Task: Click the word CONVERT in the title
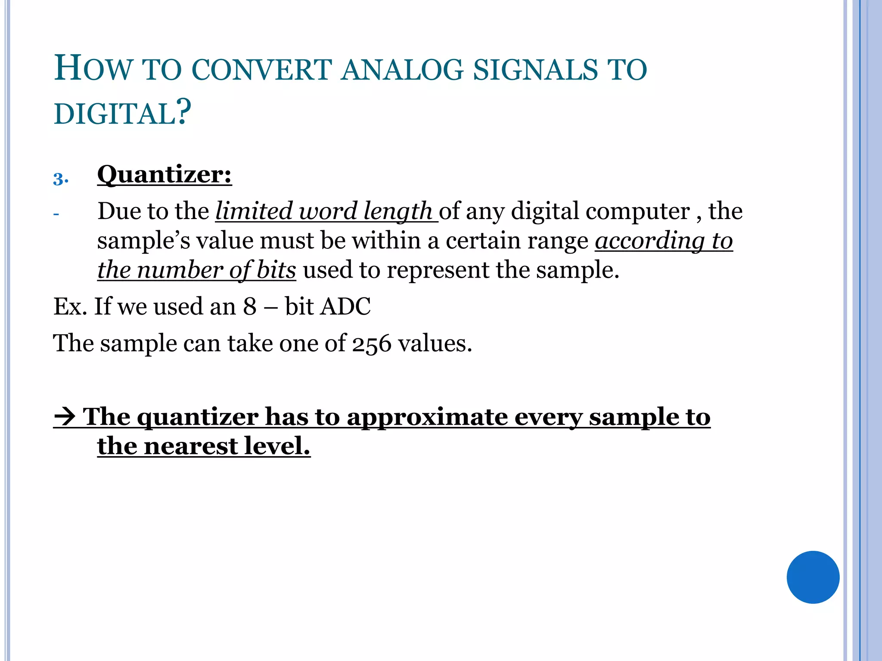point(261,70)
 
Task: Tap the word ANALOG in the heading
point(402,70)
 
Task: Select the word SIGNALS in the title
point(536,70)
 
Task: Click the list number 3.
point(60,179)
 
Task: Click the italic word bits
point(276,270)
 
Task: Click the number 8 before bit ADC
point(250,307)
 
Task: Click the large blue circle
point(813,577)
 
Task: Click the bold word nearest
point(191,446)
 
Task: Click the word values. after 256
point(435,344)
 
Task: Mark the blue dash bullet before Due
point(56,214)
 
